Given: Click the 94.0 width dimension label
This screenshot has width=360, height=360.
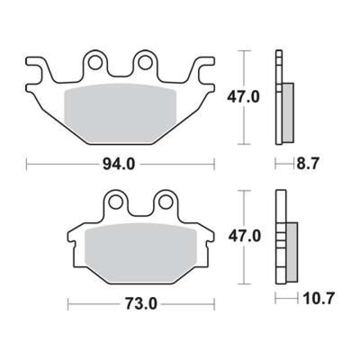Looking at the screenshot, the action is coord(118,164).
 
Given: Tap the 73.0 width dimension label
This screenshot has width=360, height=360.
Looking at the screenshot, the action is coord(140,304).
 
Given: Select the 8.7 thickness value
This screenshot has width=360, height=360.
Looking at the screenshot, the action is coord(308,163).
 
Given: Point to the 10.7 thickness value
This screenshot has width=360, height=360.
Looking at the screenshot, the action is coord(318,298).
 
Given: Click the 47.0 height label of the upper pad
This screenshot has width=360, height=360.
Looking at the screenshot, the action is coord(243,96).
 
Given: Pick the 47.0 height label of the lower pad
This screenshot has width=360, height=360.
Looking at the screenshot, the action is coord(244,236).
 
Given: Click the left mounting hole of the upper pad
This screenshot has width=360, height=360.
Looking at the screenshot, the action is coord(95,62).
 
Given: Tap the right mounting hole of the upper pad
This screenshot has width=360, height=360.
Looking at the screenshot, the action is coord(145,62).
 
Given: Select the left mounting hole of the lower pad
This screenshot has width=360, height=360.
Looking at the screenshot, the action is coord(116,202).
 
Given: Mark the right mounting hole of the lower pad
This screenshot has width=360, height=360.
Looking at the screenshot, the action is coord(165,202).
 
